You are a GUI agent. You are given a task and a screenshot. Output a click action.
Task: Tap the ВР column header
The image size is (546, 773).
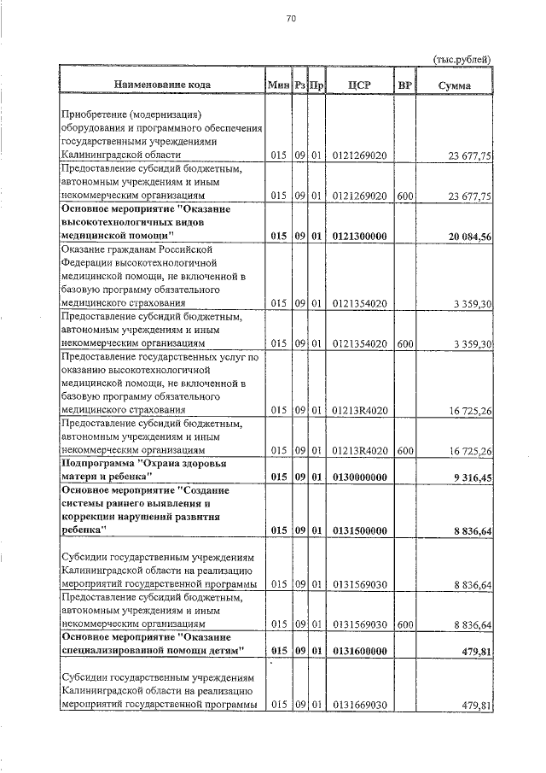pos(405,85)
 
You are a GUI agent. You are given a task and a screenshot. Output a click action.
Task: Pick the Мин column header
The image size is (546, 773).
pos(279,85)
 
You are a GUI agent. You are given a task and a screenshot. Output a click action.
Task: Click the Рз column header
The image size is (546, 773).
pos(299,85)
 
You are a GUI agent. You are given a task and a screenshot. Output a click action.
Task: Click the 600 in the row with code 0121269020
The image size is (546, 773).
pos(405,196)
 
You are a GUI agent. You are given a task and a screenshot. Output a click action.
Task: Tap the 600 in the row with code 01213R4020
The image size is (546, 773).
pos(405,451)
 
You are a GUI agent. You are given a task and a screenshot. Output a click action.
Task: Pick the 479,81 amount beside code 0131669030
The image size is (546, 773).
pos(477,706)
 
